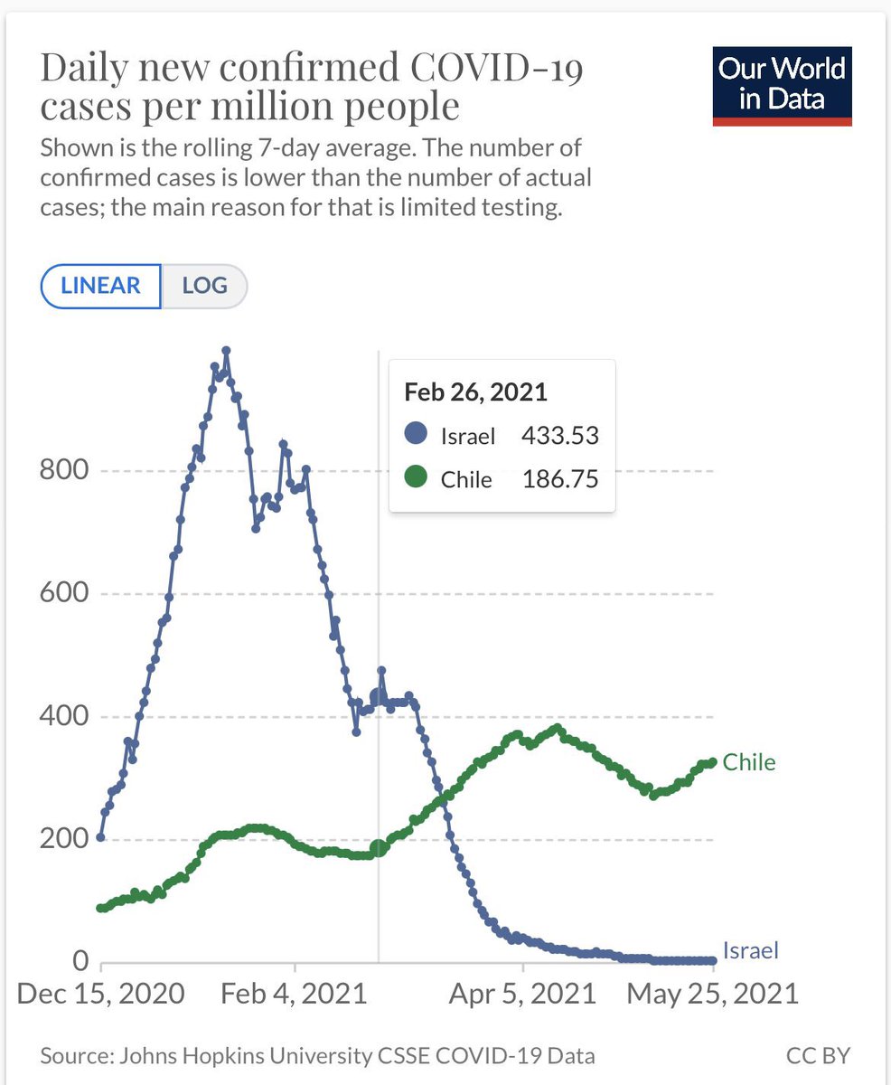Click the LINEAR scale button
click(x=101, y=286)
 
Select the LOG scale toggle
click(x=204, y=286)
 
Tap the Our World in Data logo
click(x=782, y=87)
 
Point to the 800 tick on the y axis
click(x=64, y=470)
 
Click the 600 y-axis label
click(x=64, y=593)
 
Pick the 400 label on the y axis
click(x=64, y=716)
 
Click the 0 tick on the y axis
click(x=80, y=961)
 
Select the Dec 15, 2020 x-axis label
click(x=101, y=994)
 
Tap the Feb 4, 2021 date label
click(x=294, y=994)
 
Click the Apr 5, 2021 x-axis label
click(x=523, y=994)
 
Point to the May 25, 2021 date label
click(x=713, y=994)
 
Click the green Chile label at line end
click(x=749, y=762)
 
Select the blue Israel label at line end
click(x=751, y=950)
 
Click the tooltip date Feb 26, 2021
click(x=475, y=392)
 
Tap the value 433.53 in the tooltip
click(x=560, y=436)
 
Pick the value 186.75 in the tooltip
click(x=560, y=479)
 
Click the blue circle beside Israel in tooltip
click(x=416, y=433)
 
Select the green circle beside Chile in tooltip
click(x=416, y=476)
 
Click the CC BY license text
click(x=818, y=1056)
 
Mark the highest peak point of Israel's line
click(x=226, y=350)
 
